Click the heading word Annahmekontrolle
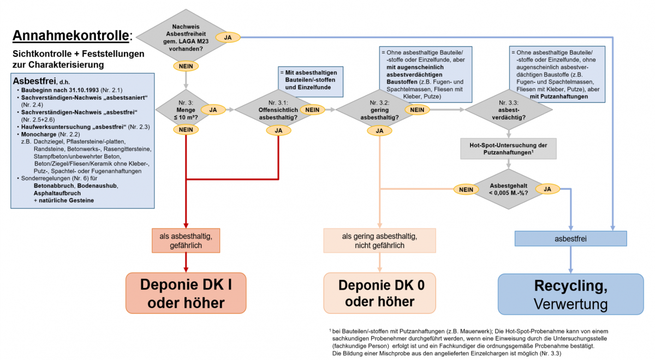[70, 35]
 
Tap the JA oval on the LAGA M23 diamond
[228, 38]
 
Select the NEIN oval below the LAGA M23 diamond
[186, 66]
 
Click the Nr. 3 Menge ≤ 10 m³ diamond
[186, 110]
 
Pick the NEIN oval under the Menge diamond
[186, 129]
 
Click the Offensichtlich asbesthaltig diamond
[278, 110]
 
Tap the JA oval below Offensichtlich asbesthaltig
[278, 130]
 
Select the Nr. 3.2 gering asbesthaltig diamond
[379, 110]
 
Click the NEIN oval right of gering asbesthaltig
[417, 110]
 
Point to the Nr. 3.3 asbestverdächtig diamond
[509, 110]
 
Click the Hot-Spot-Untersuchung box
[508, 149]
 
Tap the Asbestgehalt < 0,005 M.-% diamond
[509, 189]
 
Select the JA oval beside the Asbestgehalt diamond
[547, 189]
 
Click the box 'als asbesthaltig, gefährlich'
[186, 241]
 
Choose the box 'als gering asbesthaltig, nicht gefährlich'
[379, 241]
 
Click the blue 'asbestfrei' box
[570, 238]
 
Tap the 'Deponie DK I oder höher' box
[186, 293]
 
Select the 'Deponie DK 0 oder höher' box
[379, 293]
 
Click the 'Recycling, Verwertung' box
[571, 294]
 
